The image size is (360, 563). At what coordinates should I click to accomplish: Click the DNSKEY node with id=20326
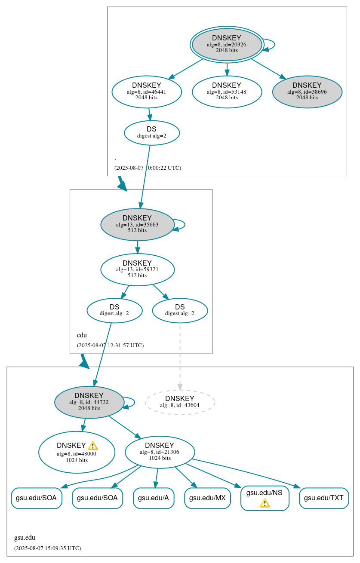click(x=227, y=44)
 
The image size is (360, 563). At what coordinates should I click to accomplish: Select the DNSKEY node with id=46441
click(x=147, y=92)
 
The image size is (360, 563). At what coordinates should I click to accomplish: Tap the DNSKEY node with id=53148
click(x=227, y=92)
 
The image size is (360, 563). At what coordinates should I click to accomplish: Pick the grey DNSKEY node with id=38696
click(x=307, y=92)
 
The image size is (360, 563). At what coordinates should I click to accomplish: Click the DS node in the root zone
click(x=151, y=132)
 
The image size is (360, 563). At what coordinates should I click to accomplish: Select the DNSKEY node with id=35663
click(x=137, y=224)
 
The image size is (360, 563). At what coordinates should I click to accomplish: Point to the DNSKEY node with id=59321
click(x=137, y=269)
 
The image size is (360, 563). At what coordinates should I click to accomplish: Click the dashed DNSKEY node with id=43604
click(x=180, y=402)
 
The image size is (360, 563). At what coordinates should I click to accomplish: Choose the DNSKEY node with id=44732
click(x=89, y=402)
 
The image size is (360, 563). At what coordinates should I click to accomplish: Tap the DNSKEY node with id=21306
click(x=160, y=452)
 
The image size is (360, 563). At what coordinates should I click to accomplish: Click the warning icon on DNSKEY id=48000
click(x=92, y=446)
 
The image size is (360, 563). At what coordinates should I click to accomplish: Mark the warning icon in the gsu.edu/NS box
click(x=265, y=503)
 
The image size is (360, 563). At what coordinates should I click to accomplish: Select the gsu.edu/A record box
click(x=154, y=498)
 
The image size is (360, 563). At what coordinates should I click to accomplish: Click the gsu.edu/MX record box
click(x=207, y=498)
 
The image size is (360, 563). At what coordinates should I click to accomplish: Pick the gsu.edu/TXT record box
click(x=323, y=498)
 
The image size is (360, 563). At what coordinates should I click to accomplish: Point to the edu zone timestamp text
click(x=110, y=345)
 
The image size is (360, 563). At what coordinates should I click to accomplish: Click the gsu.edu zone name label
click(x=25, y=538)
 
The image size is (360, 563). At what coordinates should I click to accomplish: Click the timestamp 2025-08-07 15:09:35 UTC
click(x=47, y=548)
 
